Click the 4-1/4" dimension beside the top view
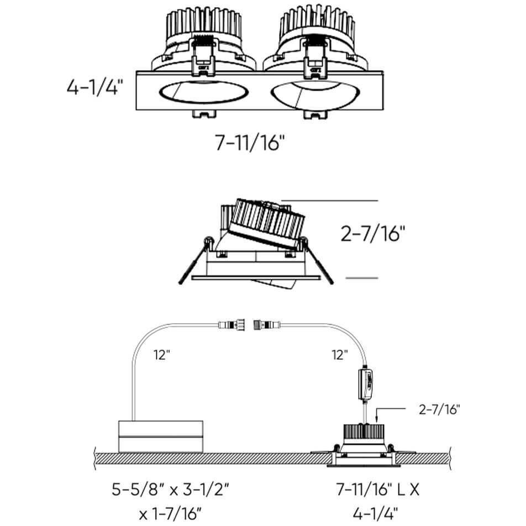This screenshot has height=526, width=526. [93, 88]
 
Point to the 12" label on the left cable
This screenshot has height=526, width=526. [161, 355]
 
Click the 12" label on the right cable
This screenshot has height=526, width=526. [340, 355]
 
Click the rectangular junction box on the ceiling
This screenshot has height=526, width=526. [161, 436]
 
